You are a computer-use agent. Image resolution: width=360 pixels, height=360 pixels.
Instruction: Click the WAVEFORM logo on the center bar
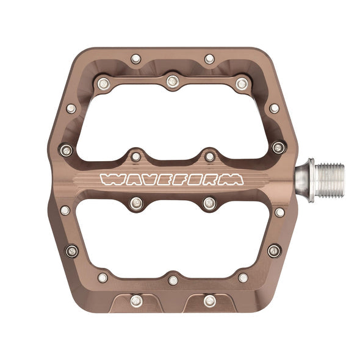pyautogui.click(x=171, y=179)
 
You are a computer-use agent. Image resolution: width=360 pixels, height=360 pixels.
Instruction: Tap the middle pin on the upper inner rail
pyautogui.click(x=173, y=80)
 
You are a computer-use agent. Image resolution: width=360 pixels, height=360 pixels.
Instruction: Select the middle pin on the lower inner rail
pyautogui.click(x=173, y=280)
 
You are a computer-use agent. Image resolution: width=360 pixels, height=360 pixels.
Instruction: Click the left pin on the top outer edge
pyautogui.click(x=135, y=59)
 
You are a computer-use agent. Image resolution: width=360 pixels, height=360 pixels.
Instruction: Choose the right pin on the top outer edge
pyautogui.click(x=209, y=59)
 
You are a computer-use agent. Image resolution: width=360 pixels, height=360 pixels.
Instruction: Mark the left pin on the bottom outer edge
pyautogui.click(x=135, y=300)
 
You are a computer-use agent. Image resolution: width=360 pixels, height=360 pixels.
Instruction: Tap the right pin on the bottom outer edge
pyautogui.click(x=209, y=300)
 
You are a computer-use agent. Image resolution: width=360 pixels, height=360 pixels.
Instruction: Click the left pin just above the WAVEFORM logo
pyautogui.click(x=135, y=157)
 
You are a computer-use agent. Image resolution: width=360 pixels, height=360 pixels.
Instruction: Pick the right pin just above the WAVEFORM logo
pyautogui.click(x=209, y=157)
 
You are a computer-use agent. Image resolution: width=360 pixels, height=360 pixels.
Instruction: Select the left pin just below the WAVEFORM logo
pyautogui.click(x=135, y=203)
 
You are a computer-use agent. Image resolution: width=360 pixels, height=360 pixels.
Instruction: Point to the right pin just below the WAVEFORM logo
pyautogui.click(x=209, y=203)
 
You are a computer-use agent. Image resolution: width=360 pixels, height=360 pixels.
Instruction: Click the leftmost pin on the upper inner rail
pyautogui.click(x=103, y=82)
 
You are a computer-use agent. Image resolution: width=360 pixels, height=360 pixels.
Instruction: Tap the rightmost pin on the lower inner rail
pyautogui.click(x=243, y=278)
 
